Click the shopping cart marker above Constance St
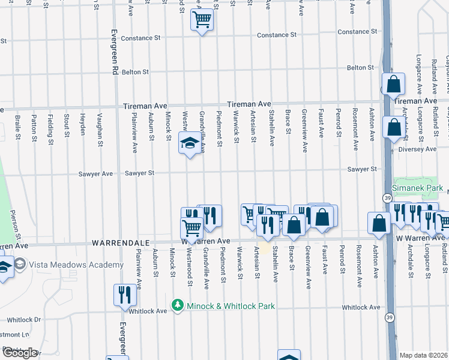tap(202, 20)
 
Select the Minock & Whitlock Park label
tap(231, 306)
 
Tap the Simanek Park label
tap(417, 188)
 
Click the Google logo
tap(19, 353)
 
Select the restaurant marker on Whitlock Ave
tap(125, 295)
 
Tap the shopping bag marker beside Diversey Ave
tap(393, 128)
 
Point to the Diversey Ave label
tap(423, 149)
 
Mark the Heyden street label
tap(83, 124)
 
